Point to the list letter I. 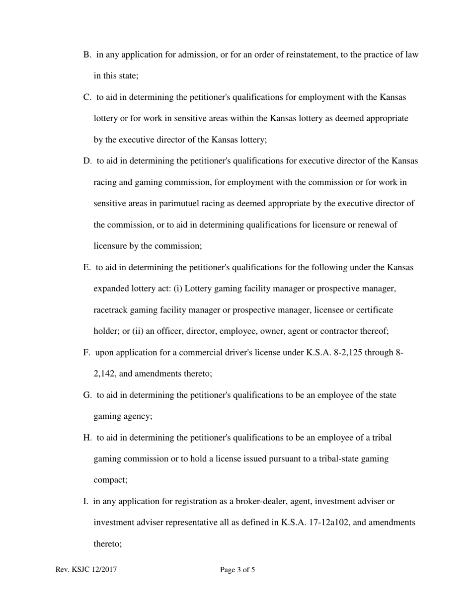(85, 501)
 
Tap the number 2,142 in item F (104, 374)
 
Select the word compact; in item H (110, 480)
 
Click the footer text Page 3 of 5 (237, 570)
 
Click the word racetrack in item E (110, 310)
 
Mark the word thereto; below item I (107, 544)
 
